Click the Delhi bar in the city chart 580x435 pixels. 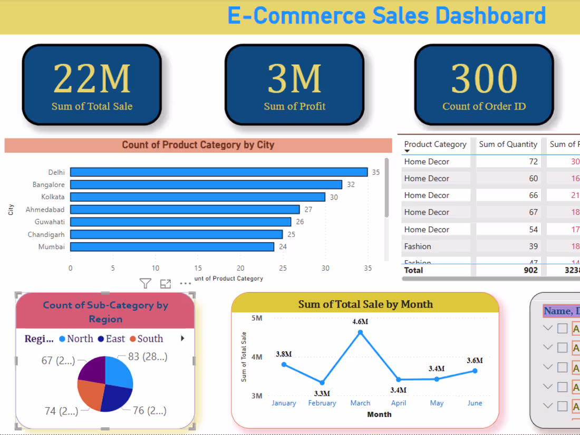219,172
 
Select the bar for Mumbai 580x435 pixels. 172,246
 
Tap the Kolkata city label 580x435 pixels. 53,197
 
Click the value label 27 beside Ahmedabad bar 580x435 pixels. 308,210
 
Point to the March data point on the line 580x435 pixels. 360,332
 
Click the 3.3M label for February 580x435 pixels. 322,393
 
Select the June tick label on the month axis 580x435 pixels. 475,403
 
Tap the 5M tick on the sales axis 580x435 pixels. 257,318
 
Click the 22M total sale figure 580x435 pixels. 92,79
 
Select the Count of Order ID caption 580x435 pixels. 484,106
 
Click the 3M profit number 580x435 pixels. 294,79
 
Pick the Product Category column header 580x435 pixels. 435,144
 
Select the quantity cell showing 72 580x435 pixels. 533,162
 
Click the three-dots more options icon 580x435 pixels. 186,284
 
